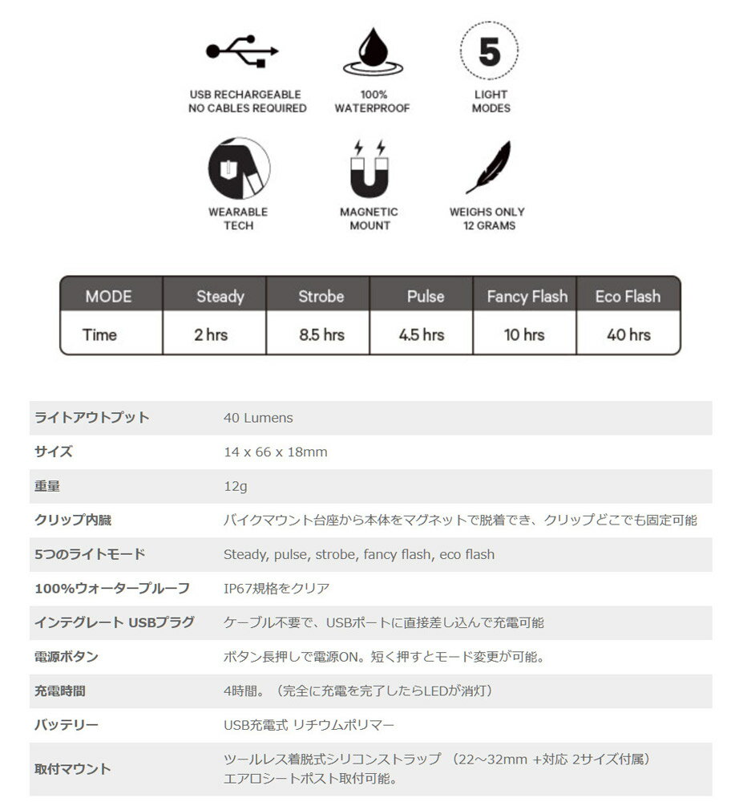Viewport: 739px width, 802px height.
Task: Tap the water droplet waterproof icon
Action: [372, 52]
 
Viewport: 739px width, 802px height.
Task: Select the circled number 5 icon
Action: [490, 51]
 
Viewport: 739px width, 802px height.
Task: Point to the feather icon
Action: [490, 168]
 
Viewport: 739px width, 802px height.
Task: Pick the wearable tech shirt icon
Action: [239, 168]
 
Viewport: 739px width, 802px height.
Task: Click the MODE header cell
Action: [109, 297]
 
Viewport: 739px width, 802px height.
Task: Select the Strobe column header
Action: [321, 297]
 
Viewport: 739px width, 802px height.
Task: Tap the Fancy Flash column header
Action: [527, 297]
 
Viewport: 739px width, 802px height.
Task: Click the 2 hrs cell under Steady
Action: [211, 334]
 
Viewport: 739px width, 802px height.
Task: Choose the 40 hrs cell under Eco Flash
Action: [628, 334]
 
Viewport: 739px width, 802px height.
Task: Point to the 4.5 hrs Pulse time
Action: [422, 334]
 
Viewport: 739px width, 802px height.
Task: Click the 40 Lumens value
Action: [258, 418]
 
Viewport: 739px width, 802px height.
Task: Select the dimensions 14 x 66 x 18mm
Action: [275, 452]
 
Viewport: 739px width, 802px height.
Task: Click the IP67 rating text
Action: [277, 589]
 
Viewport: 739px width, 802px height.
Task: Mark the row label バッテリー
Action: [66, 725]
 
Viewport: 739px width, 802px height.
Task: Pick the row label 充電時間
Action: [59, 691]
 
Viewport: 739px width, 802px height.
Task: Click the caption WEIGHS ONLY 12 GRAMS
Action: [487, 219]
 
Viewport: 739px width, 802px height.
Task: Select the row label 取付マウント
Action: [72, 768]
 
